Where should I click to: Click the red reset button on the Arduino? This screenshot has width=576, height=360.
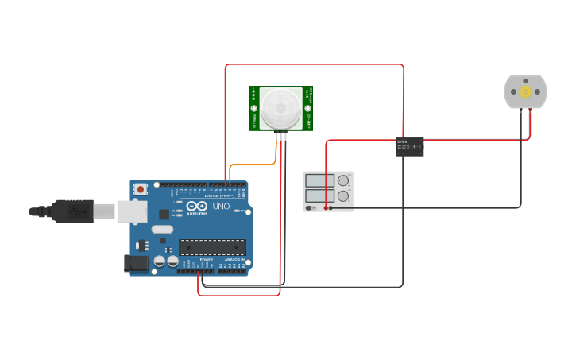(x=141, y=189)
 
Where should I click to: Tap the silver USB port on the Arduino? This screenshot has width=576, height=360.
(x=132, y=211)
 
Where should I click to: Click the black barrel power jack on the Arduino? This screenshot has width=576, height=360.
(x=137, y=264)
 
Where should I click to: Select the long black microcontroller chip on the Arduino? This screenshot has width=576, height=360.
(x=212, y=247)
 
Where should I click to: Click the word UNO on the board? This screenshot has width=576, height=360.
(x=221, y=207)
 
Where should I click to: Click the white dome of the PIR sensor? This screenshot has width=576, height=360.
(x=281, y=107)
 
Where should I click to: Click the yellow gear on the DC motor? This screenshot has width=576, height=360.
(x=525, y=92)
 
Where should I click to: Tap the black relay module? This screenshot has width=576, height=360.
(x=409, y=146)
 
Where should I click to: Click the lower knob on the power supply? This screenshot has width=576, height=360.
(x=343, y=195)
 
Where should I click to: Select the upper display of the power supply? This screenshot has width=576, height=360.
(x=319, y=180)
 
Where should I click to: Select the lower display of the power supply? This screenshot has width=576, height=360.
(x=319, y=195)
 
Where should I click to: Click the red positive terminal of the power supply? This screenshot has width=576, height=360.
(x=326, y=207)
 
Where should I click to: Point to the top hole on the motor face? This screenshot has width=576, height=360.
(x=525, y=80)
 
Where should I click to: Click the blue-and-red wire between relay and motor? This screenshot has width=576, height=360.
(x=477, y=141)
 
